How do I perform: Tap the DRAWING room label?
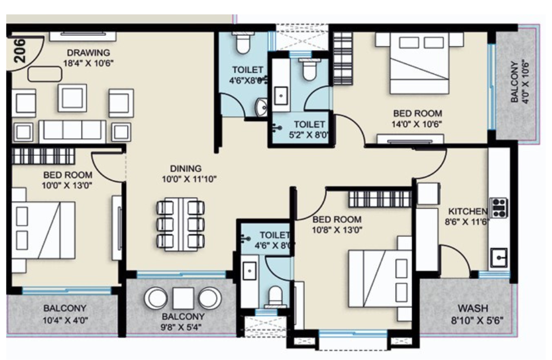(x=88, y=52)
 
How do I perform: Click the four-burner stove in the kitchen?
(x=499, y=207)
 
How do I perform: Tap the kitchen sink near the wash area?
(x=498, y=257)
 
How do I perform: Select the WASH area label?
(x=473, y=308)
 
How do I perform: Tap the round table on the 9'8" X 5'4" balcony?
(x=183, y=298)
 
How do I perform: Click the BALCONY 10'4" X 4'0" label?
(x=65, y=309)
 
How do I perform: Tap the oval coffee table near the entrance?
(x=45, y=74)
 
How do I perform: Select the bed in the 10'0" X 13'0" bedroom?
(x=44, y=230)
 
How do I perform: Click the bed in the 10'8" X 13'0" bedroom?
(x=381, y=279)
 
